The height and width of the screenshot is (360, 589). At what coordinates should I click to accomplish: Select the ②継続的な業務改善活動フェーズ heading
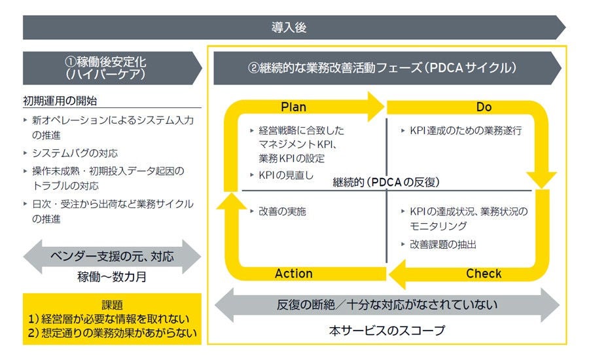pyautogui.click(x=382, y=68)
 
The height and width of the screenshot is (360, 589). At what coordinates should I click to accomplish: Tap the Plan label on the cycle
pyautogui.click(x=293, y=107)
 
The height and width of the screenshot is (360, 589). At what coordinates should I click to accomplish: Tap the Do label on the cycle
pyautogui.click(x=484, y=107)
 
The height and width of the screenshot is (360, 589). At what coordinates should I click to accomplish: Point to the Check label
pyautogui.click(x=484, y=274)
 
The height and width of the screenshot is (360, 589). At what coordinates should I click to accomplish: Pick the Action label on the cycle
pyautogui.click(x=293, y=274)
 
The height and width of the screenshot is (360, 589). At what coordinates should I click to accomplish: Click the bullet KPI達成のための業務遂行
pyautogui.click(x=465, y=131)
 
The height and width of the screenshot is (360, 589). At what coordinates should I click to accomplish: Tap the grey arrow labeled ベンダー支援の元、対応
pyautogui.click(x=112, y=256)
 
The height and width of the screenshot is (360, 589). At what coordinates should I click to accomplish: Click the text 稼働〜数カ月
pyautogui.click(x=112, y=277)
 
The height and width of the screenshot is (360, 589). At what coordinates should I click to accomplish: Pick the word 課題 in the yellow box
pyautogui.click(x=112, y=305)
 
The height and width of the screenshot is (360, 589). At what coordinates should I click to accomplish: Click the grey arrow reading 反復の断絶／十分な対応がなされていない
pyautogui.click(x=387, y=304)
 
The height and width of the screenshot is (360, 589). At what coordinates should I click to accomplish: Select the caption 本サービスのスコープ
pyautogui.click(x=387, y=331)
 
